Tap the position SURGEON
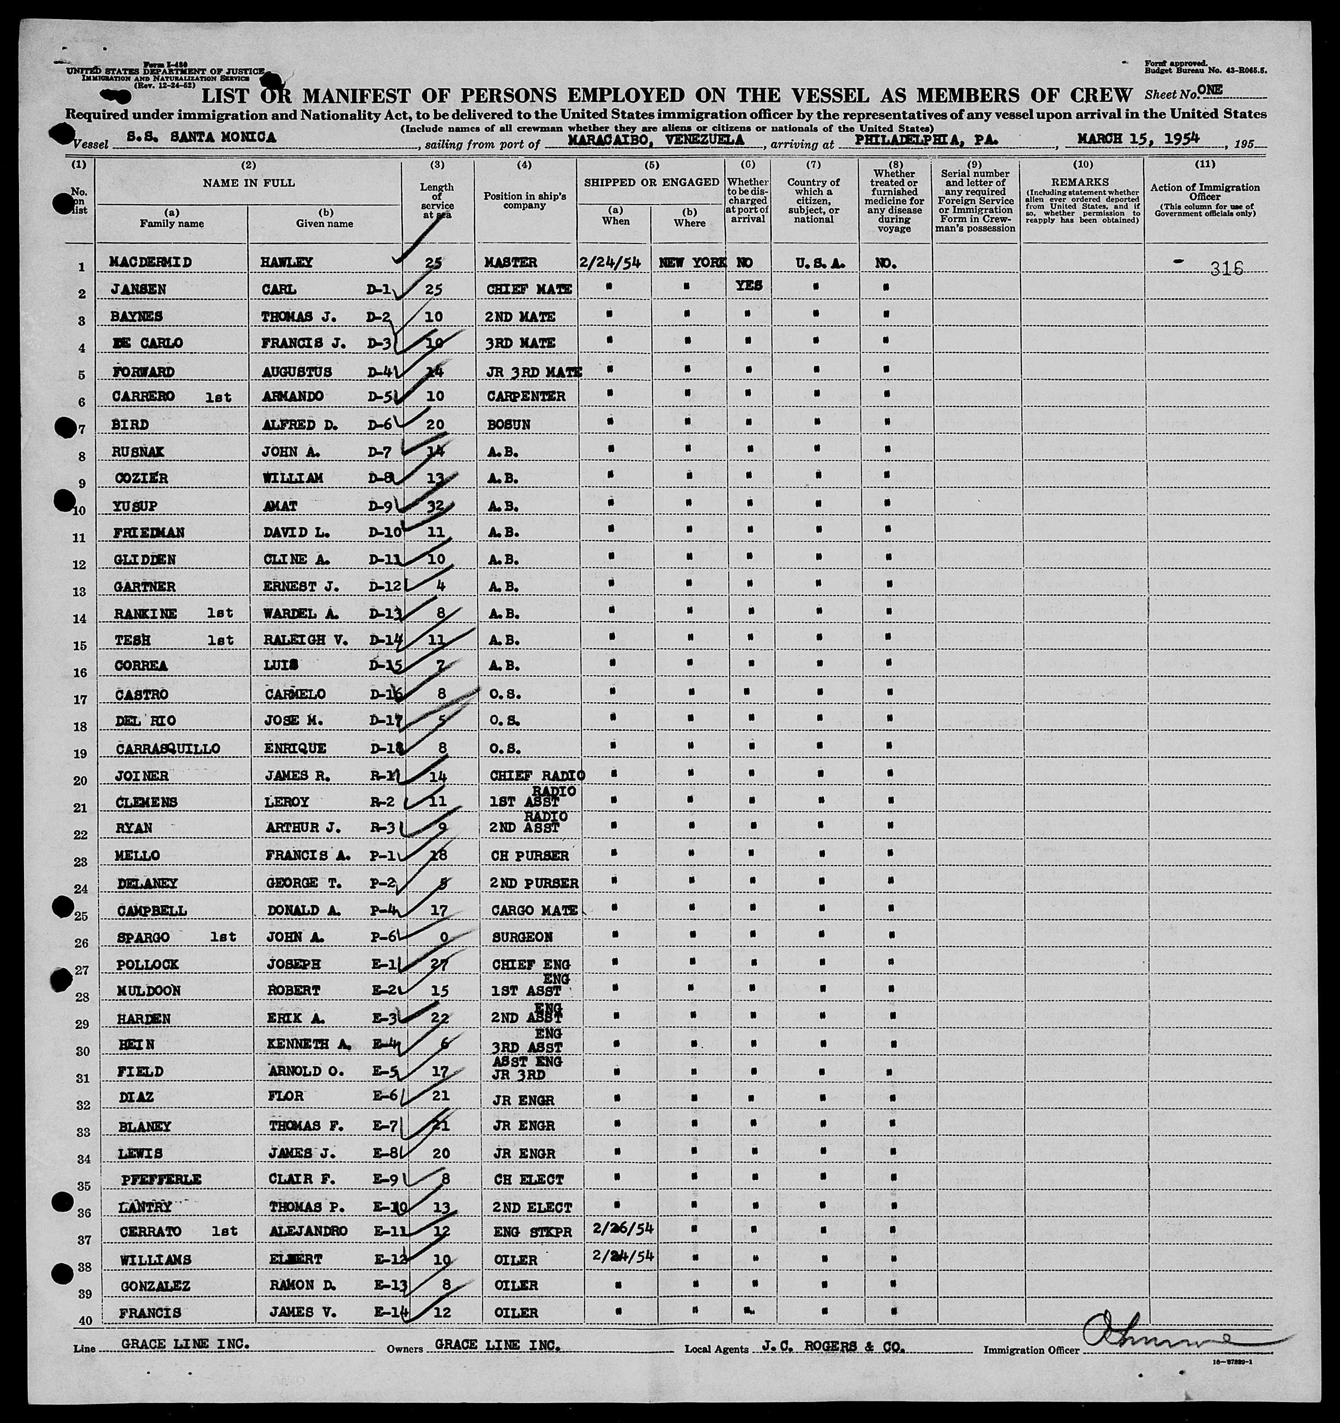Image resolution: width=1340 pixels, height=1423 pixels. (509, 937)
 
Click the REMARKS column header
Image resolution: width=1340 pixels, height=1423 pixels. (1081, 182)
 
